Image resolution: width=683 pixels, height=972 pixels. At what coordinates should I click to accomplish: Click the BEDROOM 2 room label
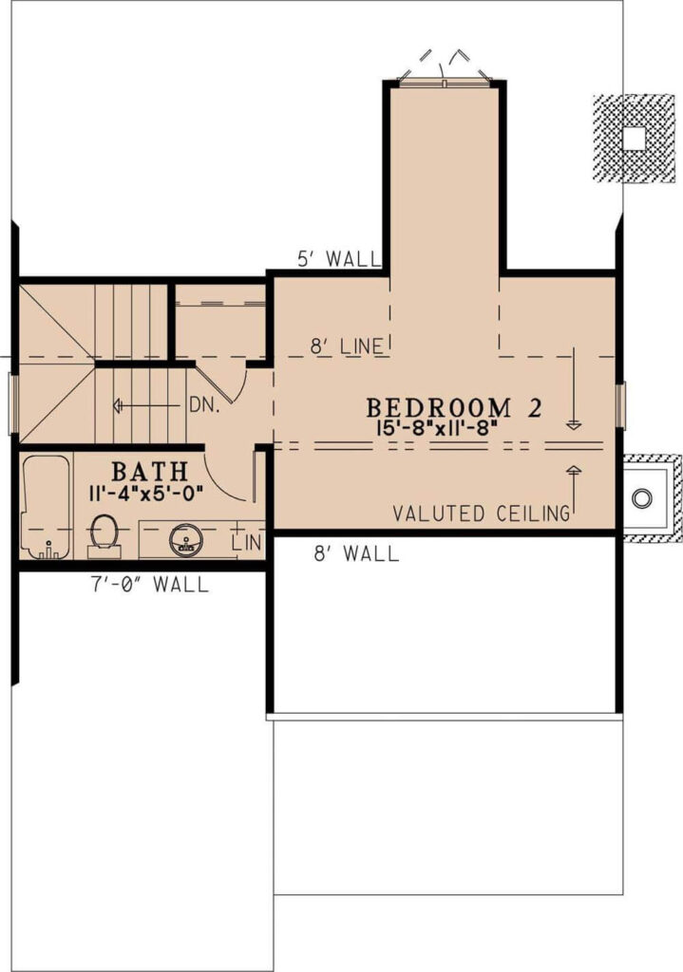[x=454, y=408]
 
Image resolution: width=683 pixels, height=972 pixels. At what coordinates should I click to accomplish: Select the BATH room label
[x=149, y=473]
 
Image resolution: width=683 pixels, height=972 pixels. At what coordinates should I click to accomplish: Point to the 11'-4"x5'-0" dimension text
[x=146, y=494]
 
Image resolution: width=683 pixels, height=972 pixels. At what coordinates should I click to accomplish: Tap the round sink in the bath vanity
[x=185, y=540]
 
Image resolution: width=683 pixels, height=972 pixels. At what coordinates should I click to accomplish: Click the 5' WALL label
[x=338, y=258]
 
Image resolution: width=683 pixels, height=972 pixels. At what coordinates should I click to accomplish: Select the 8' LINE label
[x=348, y=346]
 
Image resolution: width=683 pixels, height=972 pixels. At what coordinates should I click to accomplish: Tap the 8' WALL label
[x=356, y=553]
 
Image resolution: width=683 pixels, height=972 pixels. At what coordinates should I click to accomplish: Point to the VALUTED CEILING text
[x=482, y=514]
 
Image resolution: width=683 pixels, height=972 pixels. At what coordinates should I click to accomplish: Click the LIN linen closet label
[x=247, y=543]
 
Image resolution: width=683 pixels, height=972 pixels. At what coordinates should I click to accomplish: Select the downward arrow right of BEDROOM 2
[x=575, y=388]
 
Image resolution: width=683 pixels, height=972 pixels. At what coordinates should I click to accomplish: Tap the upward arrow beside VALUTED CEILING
[x=575, y=491]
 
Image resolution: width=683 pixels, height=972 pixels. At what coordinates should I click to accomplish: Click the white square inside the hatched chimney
[x=634, y=138]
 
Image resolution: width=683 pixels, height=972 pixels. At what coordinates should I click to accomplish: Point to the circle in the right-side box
[x=642, y=497]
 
